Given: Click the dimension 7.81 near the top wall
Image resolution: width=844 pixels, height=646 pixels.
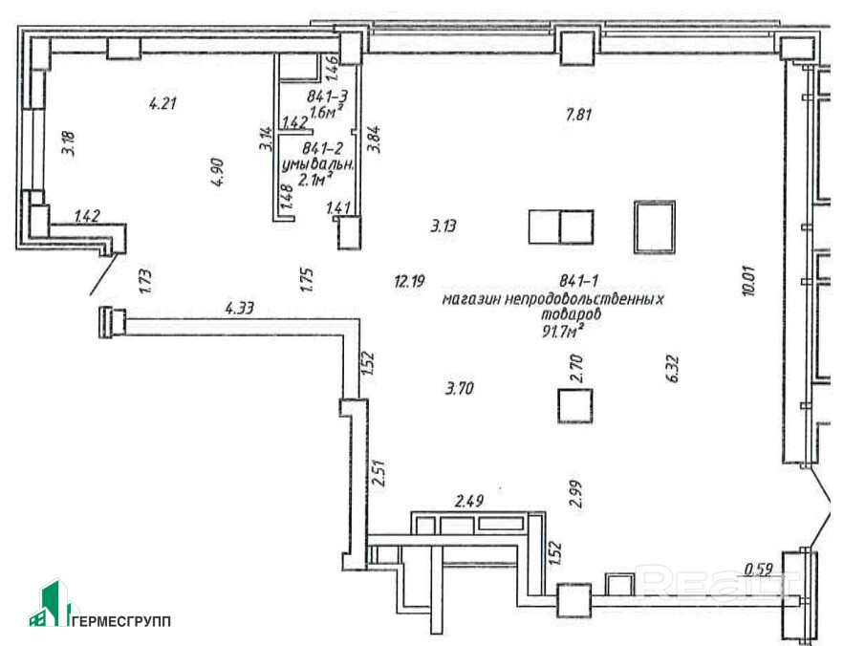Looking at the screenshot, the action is pos(580,115).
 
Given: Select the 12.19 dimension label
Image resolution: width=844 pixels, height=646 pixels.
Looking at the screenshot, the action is pos(408,281).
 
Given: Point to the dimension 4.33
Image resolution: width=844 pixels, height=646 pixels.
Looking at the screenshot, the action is pos(240,308).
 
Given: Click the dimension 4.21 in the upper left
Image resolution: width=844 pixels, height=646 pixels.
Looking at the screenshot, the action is pos(163,102).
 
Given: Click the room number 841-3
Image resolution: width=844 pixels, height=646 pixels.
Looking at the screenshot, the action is pos(327,97).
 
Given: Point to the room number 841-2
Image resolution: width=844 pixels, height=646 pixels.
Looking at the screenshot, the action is pos(322,149).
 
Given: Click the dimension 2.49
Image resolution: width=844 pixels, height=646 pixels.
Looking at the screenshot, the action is pos(470,501).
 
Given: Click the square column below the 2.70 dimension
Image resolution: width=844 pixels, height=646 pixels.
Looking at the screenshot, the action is pos(576,405).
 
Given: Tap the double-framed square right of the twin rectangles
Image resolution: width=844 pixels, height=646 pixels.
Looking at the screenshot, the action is pos(654,226).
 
